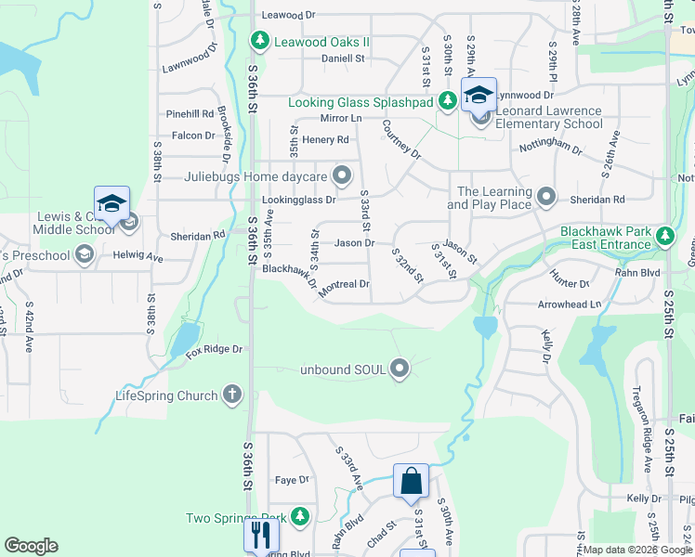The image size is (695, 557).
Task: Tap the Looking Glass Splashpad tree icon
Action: click(447, 101)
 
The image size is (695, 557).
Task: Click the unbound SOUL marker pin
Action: click(400, 369)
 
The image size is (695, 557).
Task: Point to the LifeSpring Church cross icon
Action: click(232, 395)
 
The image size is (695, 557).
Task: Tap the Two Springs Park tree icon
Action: click(299, 516)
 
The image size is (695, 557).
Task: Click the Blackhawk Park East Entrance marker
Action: click(664, 237)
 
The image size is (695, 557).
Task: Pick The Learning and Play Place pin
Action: click(546, 197)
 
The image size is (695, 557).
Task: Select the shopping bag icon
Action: click(411, 482)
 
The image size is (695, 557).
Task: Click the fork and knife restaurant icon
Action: click(260, 535)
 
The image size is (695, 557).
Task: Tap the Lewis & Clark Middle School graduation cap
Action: click(111, 202)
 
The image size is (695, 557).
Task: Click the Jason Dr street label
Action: click(354, 243)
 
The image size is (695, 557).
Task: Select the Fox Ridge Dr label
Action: click(214, 349)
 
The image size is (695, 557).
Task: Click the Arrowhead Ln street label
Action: click(570, 304)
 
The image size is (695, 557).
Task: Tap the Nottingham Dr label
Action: click(551, 146)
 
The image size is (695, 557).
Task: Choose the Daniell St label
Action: click(343, 58)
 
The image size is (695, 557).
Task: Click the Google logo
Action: click(31, 546)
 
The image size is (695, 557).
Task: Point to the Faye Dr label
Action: click(291, 480)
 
